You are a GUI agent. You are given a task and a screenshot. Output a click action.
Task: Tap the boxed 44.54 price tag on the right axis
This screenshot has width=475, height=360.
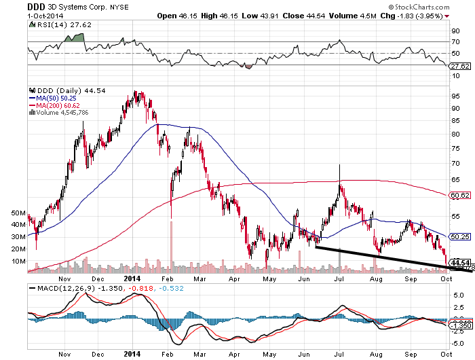461,262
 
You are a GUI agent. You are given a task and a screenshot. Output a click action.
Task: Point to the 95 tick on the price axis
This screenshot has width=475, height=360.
455,96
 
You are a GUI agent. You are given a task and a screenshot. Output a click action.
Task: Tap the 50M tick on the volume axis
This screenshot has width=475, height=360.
18,213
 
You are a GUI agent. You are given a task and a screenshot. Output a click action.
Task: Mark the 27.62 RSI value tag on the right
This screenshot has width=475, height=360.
461,67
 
